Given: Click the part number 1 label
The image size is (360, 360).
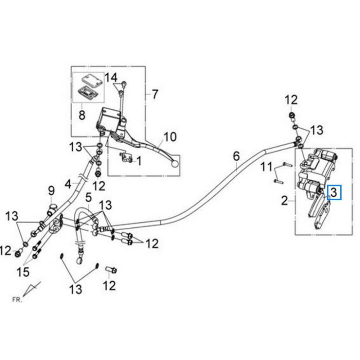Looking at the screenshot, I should tap(139, 161).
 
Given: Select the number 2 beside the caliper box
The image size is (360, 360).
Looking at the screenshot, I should tap(284, 200).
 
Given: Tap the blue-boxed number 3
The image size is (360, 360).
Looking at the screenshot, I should tap(334, 193).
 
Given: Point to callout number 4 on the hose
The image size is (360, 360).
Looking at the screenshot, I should tap(68, 184).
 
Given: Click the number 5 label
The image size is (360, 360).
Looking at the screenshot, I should tap(88, 197).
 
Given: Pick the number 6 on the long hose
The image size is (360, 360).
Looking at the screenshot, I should tap(236, 157).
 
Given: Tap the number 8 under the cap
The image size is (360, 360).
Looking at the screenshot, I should tap(82, 115).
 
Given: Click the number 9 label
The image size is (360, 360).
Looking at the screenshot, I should tap(51, 191).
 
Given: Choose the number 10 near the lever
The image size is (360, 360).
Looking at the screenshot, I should tap(170, 136).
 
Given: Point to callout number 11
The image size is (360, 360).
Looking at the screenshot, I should tap(267, 168).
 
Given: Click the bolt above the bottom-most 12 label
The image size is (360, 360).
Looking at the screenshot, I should tap(110, 270).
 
